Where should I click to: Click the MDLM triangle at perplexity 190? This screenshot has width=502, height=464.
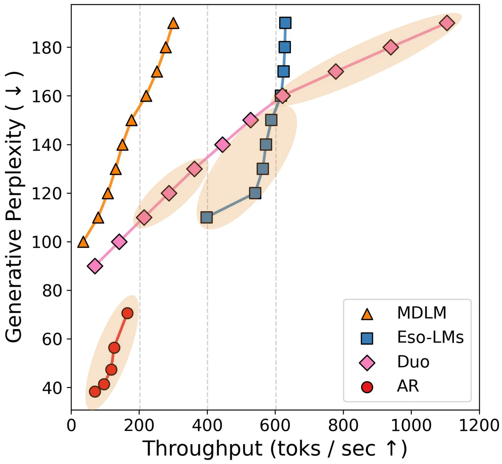tap(173, 24)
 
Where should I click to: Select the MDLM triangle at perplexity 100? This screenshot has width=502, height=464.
tap(83, 242)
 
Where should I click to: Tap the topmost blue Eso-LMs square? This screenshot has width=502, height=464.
tap(285, 23)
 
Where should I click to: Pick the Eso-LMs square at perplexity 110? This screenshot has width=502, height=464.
tap(206, 217)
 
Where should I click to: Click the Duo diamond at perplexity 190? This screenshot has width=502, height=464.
tap(447, 23)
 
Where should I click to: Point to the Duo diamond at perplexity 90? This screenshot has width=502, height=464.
tap(95, 266)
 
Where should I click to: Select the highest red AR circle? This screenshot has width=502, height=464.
tap(127, 313)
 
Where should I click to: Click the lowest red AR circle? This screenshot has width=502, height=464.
tap(95, 392)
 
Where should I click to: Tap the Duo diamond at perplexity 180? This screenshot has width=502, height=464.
tap(391, 47)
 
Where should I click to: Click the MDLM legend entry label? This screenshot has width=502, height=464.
tap(421, 313)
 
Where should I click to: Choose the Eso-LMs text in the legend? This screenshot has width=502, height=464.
tap(430, 337)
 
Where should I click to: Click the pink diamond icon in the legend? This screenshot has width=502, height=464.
tap(367, 363)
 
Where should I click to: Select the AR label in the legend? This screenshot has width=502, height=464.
tap(408, 386)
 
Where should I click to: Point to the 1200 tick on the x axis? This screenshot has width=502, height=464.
tap(479, 425)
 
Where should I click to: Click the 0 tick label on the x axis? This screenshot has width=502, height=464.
tap(72, 425)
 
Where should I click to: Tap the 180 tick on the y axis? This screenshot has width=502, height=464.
tap(47, 48)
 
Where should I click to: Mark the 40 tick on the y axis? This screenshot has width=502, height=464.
tap(52, 388)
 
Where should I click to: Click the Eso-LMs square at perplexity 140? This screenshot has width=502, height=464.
tap(266, 145)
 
